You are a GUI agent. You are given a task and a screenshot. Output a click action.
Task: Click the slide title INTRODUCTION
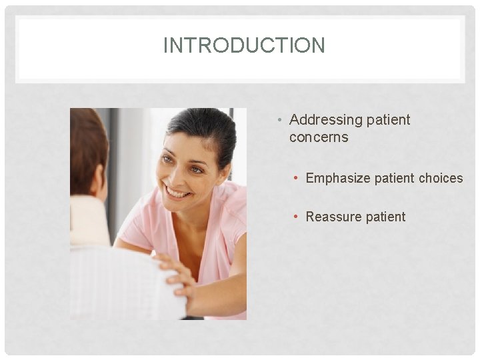point(244,46)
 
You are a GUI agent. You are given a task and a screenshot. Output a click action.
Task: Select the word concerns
point(319,137)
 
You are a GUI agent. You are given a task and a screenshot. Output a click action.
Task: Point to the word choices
point(441,178)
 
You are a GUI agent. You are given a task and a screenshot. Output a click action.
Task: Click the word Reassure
point(331,217)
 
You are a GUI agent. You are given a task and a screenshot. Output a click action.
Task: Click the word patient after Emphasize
point(393,178)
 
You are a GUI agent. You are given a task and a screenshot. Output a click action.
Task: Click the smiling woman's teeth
point(177,193)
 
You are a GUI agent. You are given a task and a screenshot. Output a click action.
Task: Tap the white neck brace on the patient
point(89,220)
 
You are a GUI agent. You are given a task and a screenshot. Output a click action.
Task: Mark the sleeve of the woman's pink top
point(137,223)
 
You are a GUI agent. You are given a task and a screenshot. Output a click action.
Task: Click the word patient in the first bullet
point(389,120)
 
